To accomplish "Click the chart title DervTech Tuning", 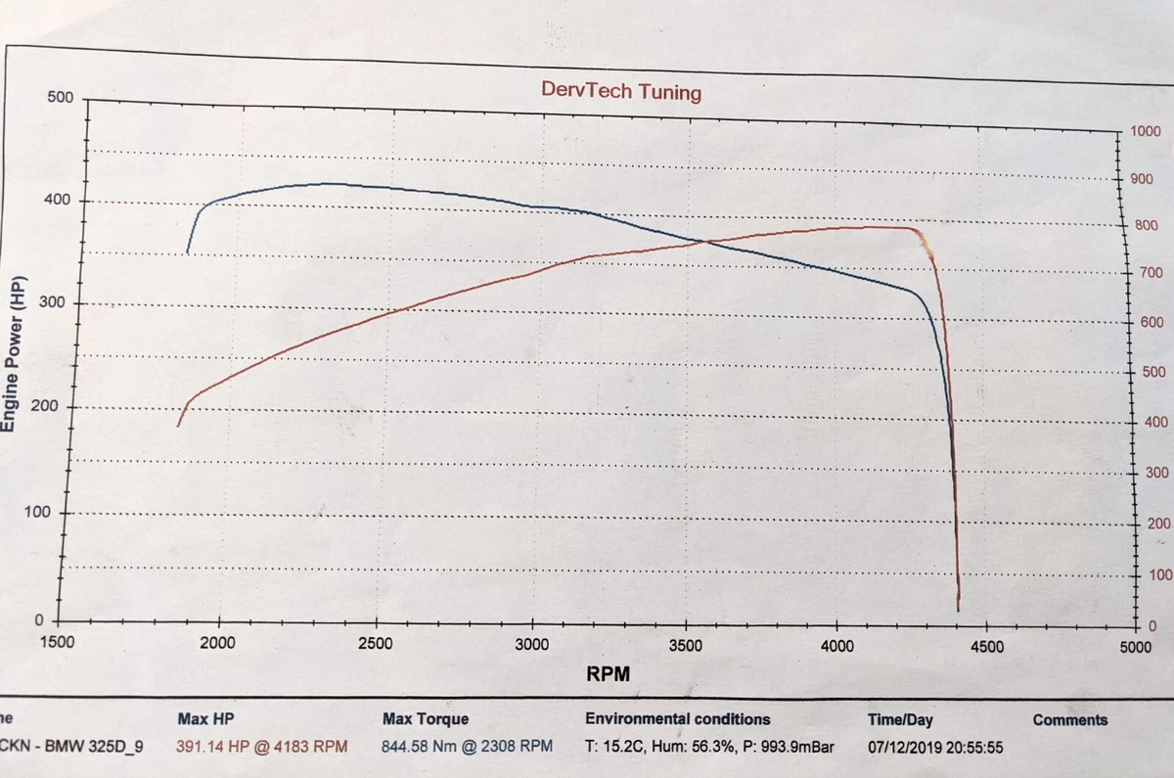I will coord(621,92).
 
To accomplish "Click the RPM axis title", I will coord(608,674).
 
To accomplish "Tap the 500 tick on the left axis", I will coord(61,97).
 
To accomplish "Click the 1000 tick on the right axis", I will coord(1145,132).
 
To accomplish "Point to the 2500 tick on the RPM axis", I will coord(375,644).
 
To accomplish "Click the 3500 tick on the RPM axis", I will coord(686,646).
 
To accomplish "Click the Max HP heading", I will coord(204,719).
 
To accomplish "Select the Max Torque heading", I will coord(426,719).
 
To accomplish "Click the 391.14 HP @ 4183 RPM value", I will coord(261,746).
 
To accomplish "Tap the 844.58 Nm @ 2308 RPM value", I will coord(467,746).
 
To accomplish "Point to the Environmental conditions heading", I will coord(677,719).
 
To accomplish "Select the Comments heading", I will coord(1069,720).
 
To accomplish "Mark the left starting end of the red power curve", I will coord(177,425).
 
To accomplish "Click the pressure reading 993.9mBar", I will coord(795,747).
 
